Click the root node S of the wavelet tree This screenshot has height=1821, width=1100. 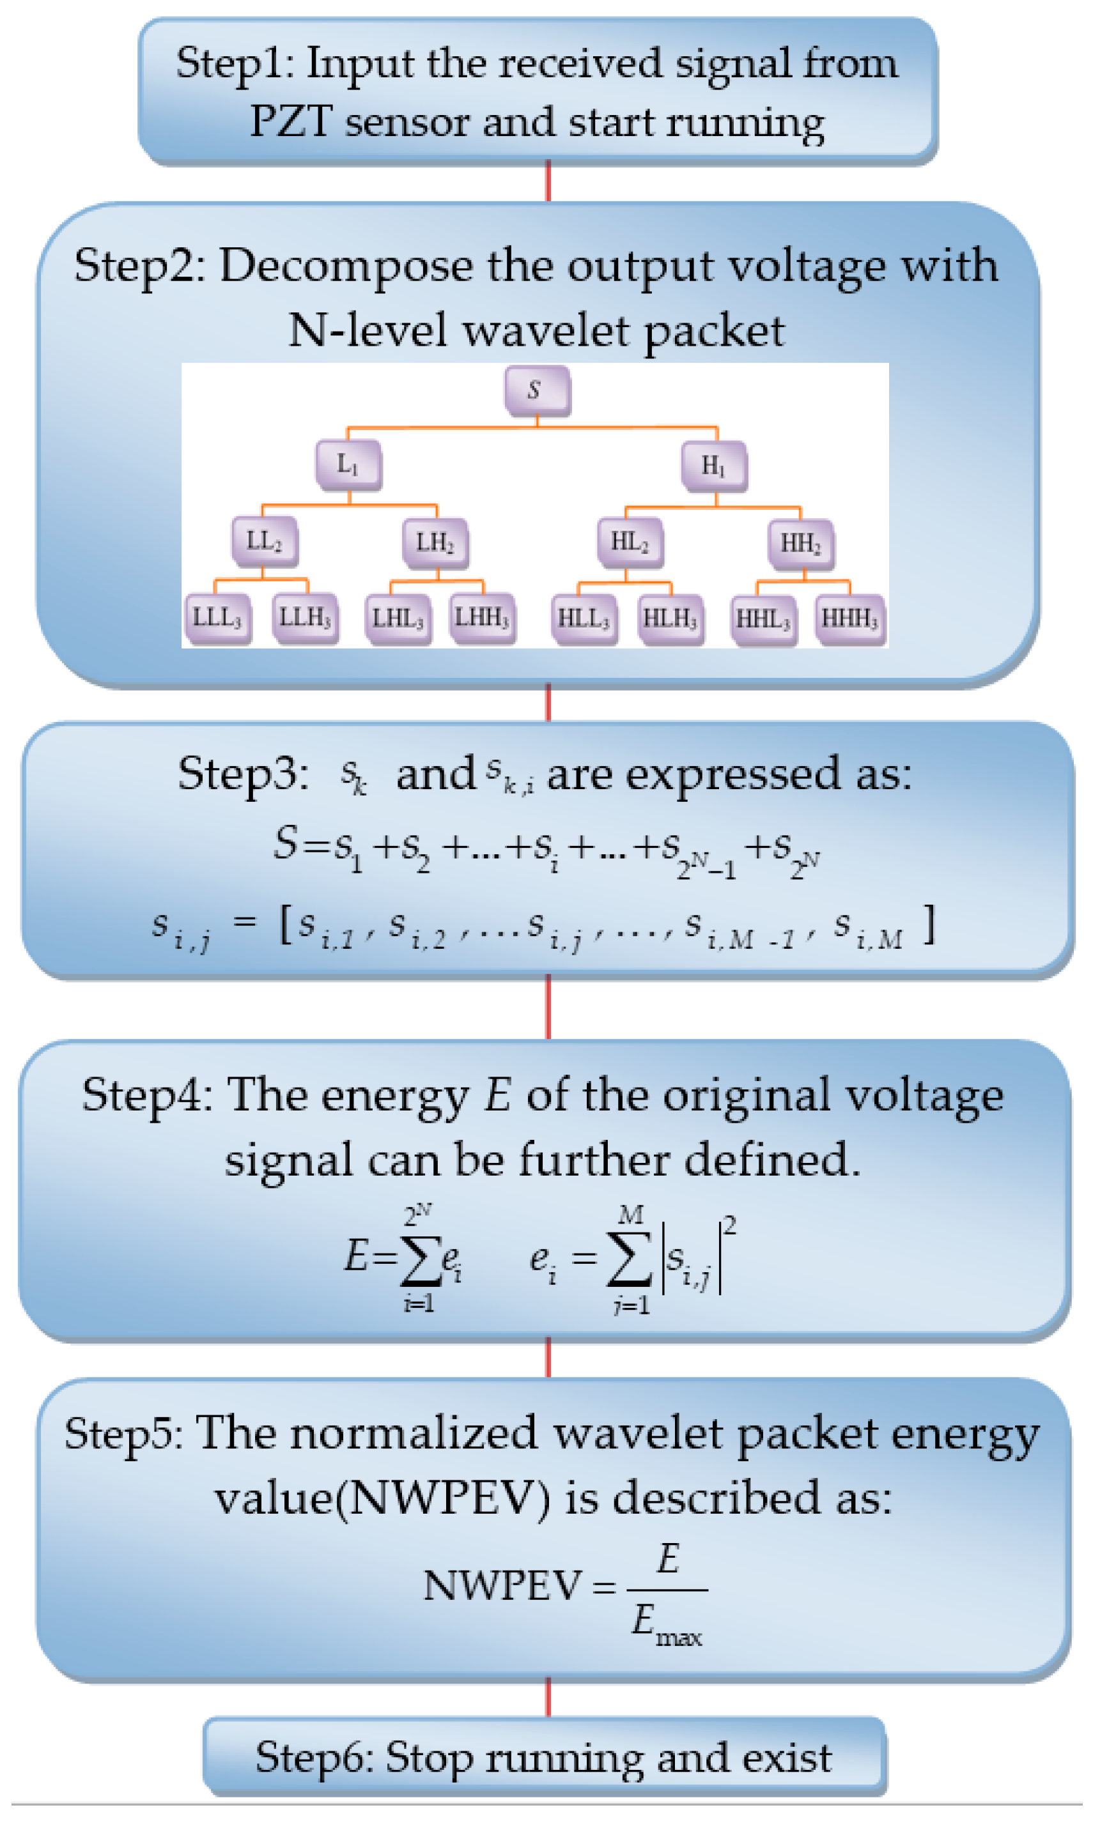pos(537,390)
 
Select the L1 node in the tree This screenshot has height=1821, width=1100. pos(348,464)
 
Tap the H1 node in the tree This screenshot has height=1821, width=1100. pos(713,466)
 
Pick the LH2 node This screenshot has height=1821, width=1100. pos(435,542)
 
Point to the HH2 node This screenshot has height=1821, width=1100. pos(801,543)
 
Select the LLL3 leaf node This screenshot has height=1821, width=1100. pos(217,618)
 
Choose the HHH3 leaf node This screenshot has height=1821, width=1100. pos(849,619)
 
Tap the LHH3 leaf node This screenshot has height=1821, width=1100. pos(481,618)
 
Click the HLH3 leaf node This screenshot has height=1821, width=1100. pos(670,619)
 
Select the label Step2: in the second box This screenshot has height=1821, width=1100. pos(139,266)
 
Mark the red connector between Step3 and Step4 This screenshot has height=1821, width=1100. pos(548,1006)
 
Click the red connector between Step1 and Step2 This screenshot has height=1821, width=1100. pos(548,180)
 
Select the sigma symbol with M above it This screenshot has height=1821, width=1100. pos(628,1258)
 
